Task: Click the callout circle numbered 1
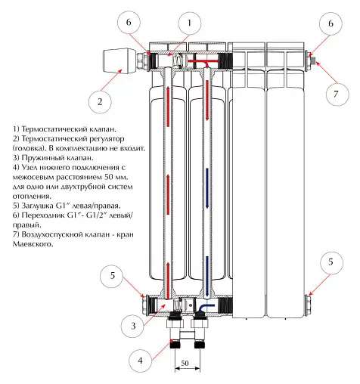point(190,23)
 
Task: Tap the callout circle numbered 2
point(100,102)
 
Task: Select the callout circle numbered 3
point(132,326)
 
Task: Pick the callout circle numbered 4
point(140,361)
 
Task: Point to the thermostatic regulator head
point(120,61)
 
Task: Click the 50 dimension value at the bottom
point(185,363)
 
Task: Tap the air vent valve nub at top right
point(313,60)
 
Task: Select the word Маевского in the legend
point(33,244)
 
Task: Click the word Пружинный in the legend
point(41,158)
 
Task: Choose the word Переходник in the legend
point(43,215)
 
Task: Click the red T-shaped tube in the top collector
point(203,63)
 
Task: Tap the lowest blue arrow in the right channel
point(207,276)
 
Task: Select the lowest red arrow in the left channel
point(167,279)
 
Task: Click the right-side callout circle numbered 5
point(331,263)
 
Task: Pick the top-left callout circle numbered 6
point(129,23)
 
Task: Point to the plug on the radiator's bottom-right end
point(309,305)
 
